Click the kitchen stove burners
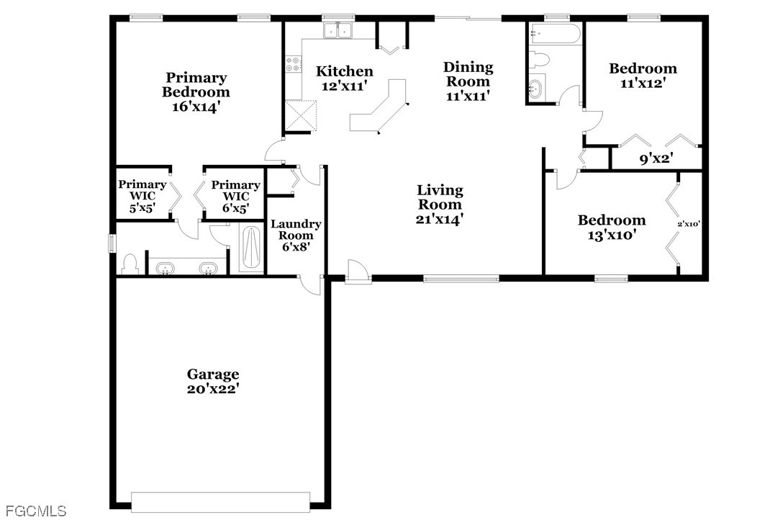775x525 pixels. tap(293, 64)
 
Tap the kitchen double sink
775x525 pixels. tap(338, 31)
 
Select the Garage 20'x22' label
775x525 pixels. tap(213, 382)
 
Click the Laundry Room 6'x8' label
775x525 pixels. tap(296, 235)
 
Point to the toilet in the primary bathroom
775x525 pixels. tap(130, 264)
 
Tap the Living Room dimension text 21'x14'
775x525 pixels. tap(440, 219)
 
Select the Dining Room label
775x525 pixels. tap(468, 74)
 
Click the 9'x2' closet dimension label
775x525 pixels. tap(657, 159)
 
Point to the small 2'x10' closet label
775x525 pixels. tap(689, 224)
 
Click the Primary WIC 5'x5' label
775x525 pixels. tap(142, 196)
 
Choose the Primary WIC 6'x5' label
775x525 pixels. tap(236, 197)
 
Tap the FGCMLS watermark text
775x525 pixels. tap(34, 510)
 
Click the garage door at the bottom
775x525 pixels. tap(220, 502)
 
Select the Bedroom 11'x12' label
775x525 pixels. tap(643, 75)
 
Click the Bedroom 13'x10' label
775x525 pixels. tap(612, 227)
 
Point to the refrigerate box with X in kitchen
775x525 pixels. tap(301, 115)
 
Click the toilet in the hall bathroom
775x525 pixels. tap(539, 59)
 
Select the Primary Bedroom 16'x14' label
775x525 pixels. tap(196, 91)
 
